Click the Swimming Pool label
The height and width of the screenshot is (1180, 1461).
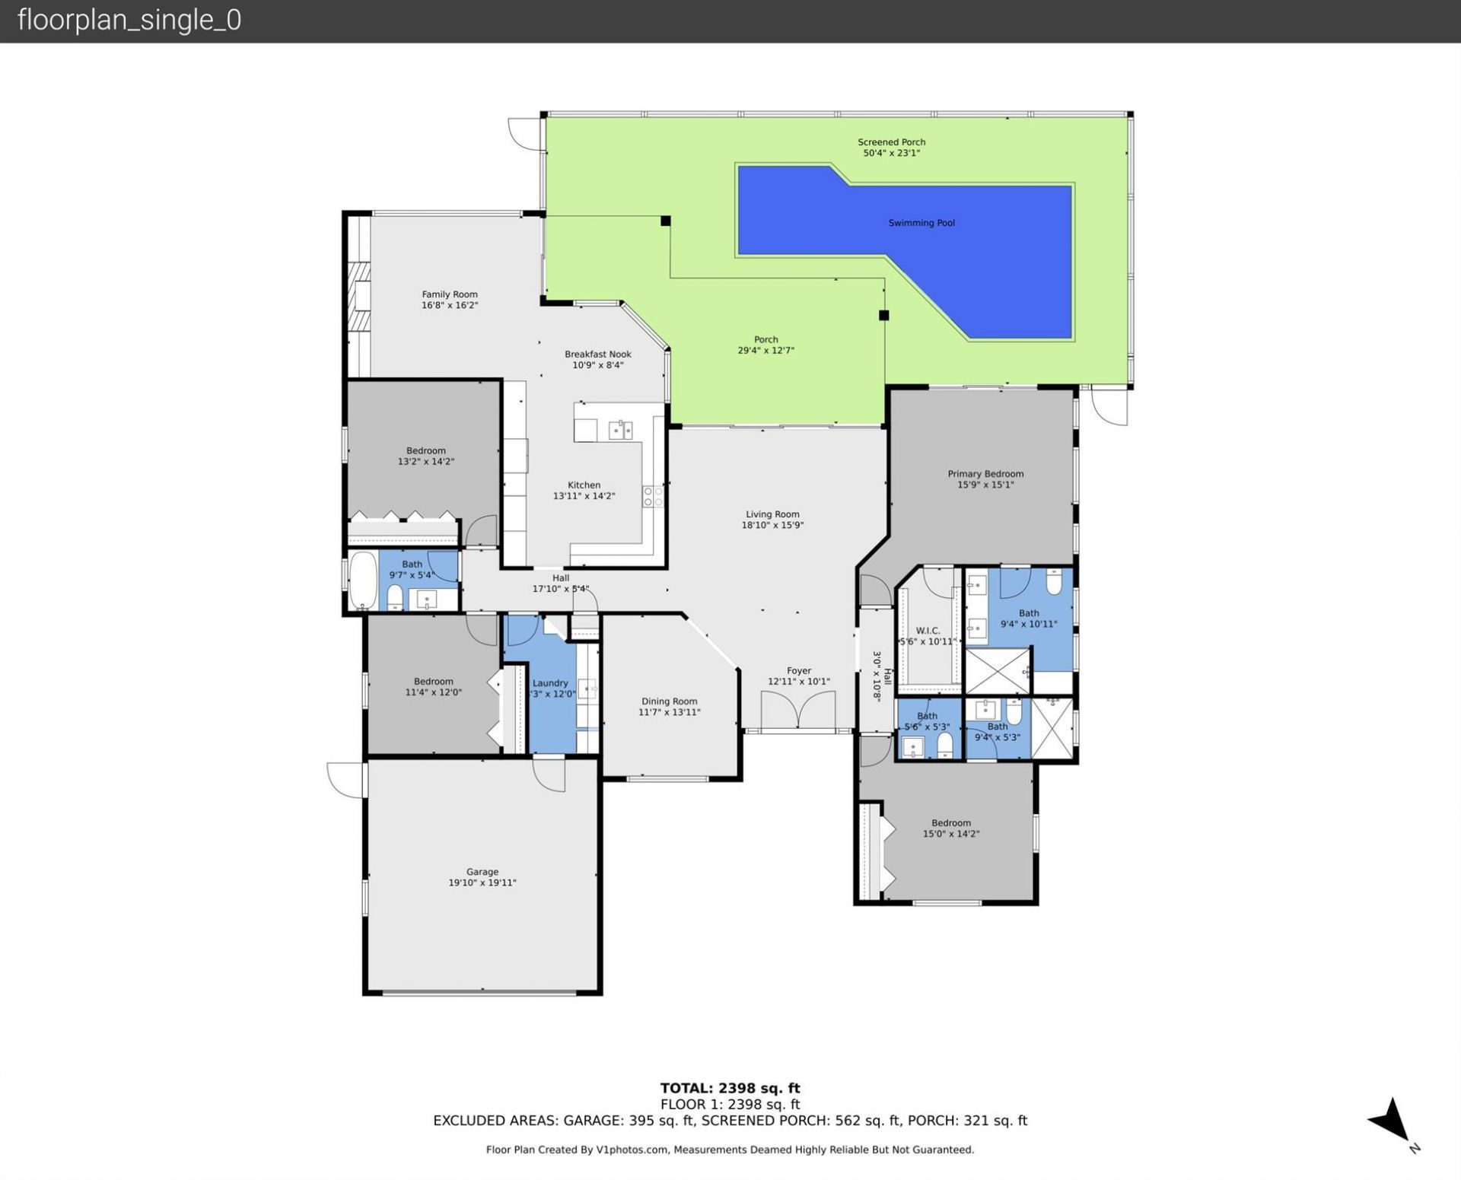coord(921,223)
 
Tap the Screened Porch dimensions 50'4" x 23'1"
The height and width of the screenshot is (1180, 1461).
coord(891,153)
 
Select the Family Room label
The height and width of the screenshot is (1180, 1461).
coord(450,294)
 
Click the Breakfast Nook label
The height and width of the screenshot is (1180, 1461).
coord(597,354)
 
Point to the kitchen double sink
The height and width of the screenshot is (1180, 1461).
coord(621,430)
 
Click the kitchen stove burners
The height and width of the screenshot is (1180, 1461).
coord(653,497)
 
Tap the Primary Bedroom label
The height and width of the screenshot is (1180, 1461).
coord(985,474)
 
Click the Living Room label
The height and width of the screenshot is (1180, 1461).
coord(772,514)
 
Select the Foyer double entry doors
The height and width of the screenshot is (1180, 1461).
coord(798,711)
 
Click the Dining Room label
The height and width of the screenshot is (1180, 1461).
coord(669,701)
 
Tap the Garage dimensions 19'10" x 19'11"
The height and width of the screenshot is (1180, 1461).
coord(482,883)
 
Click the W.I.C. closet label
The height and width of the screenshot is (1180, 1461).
coord(928,631)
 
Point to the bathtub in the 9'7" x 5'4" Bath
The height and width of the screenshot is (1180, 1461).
coord(363,580)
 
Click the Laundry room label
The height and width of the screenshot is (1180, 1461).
coord(550,683)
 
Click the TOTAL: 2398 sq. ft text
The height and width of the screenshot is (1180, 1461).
coord(730,1088)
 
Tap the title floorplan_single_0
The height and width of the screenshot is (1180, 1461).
coord(129,21)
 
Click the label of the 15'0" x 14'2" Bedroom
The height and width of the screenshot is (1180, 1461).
coord(950,822)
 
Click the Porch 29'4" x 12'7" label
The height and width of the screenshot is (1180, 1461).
coord(766,340)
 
